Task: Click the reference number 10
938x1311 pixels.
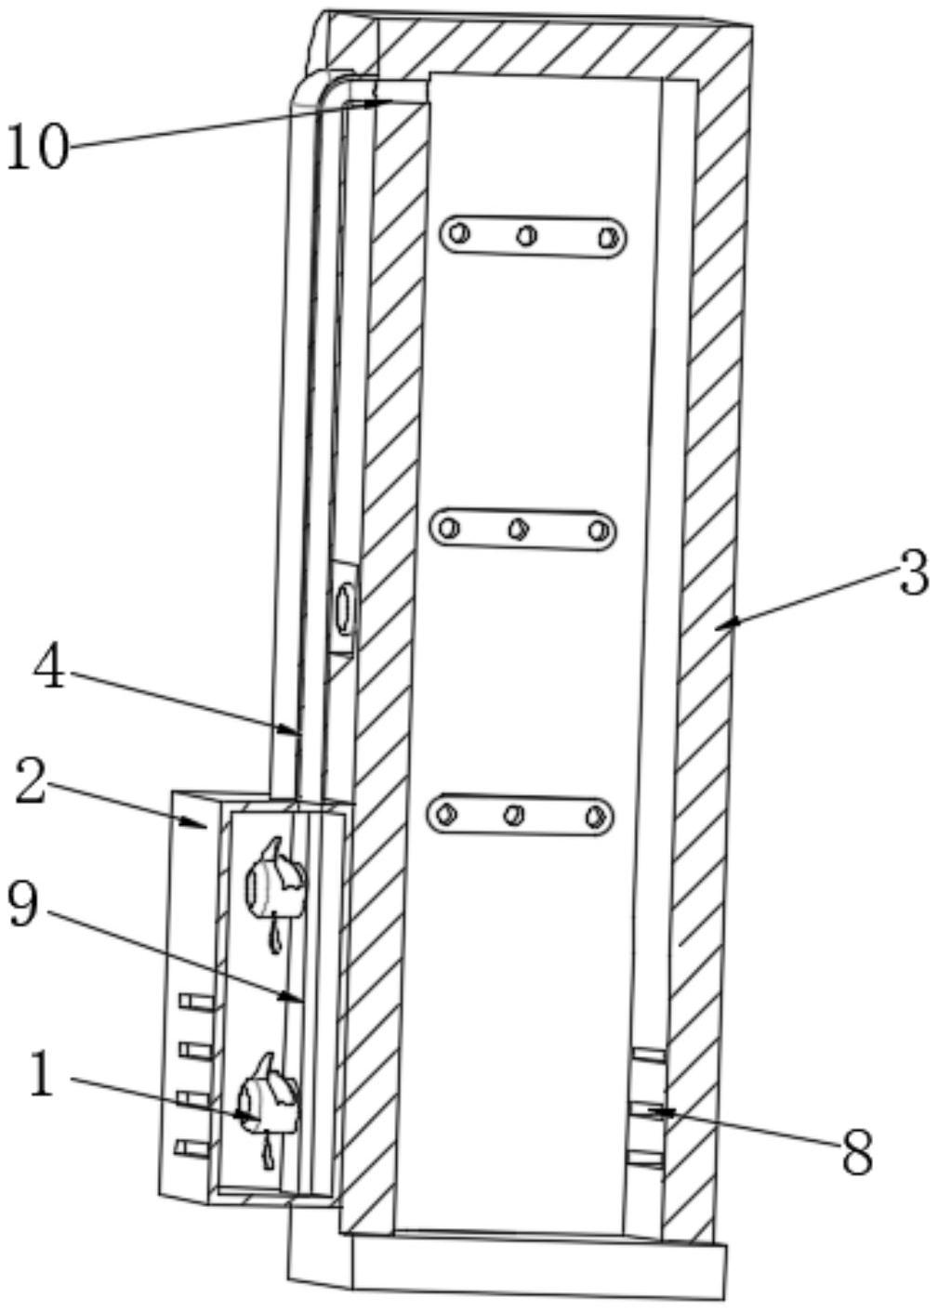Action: coord(37,147)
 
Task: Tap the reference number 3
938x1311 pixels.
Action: coord(913,572)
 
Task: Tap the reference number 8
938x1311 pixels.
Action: coord(857,1152)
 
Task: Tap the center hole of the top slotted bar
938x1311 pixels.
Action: coord(527,235)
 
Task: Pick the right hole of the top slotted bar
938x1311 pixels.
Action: coord(608,237)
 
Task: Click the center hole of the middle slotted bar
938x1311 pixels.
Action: coord(519,530)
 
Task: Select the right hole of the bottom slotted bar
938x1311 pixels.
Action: coord(595,817)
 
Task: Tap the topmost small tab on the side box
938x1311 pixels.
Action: coord(197,1001)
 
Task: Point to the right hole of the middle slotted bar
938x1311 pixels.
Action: coord(600,531)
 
